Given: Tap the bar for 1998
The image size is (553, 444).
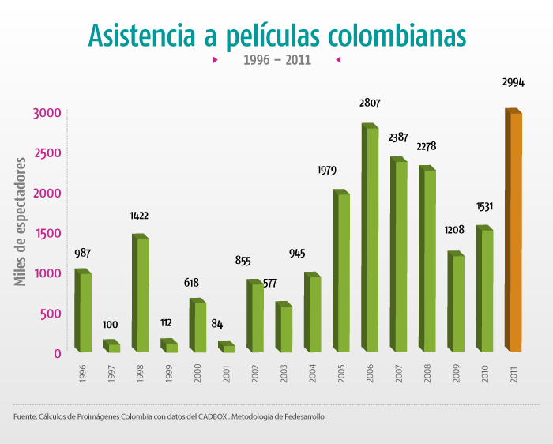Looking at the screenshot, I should point(141,294).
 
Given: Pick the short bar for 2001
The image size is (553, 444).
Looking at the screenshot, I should point(228,348).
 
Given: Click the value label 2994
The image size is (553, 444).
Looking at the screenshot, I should point(513,82).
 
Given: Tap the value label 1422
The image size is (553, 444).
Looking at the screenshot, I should point(139,215).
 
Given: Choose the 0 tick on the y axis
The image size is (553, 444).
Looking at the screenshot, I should point(58,353).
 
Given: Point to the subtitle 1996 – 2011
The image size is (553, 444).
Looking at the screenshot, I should point(276,59).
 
